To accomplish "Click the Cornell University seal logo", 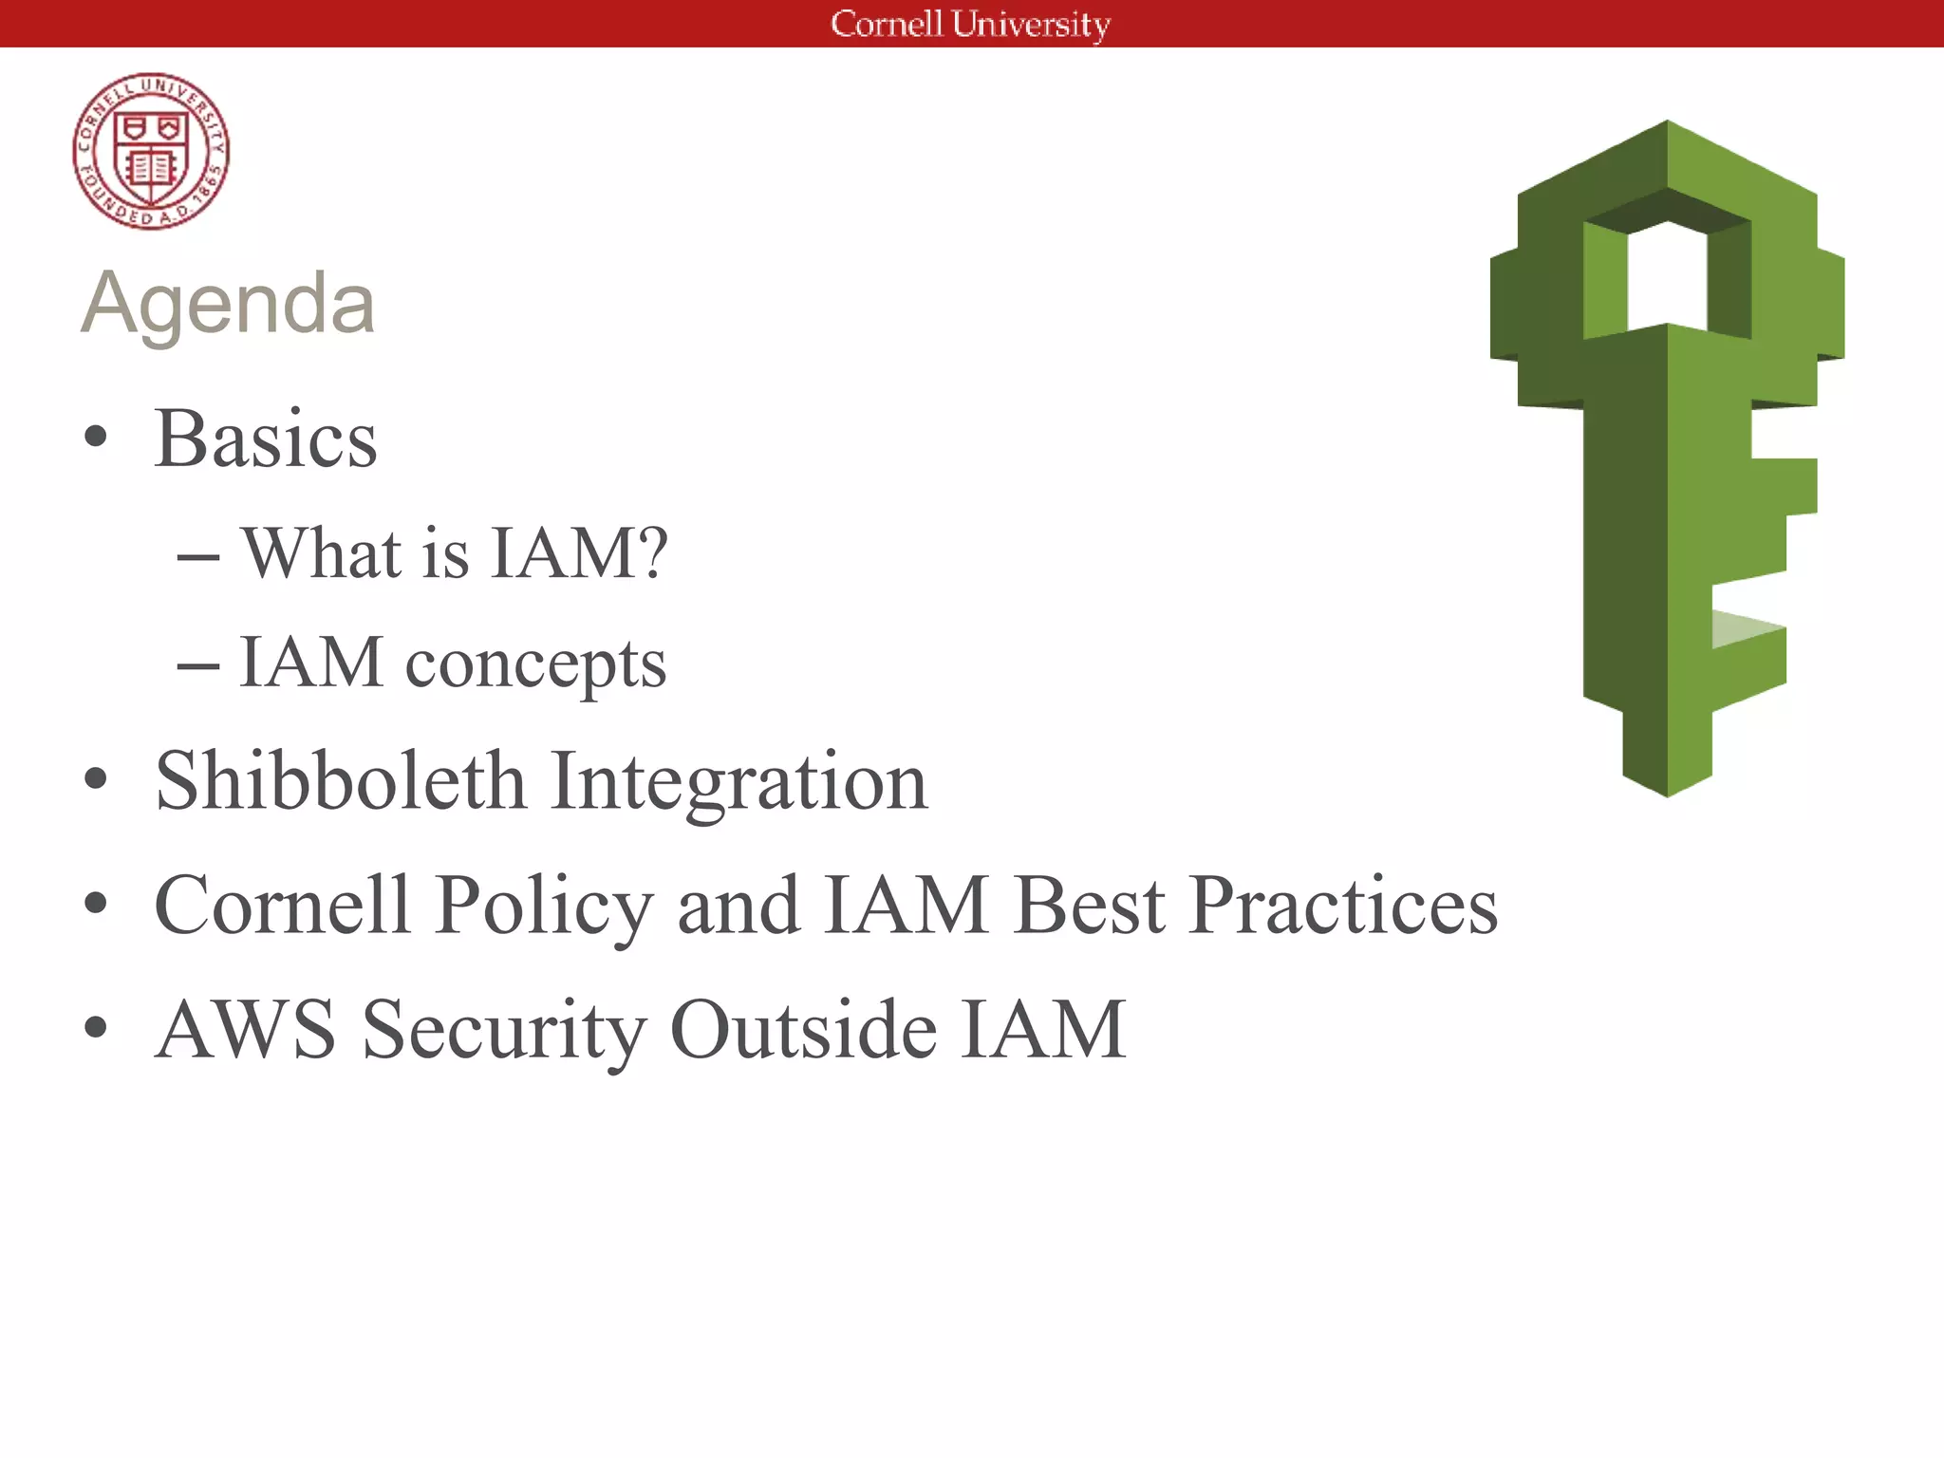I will (151, 151).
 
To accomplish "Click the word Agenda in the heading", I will (228, 303).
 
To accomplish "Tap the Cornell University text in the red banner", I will (970, 24).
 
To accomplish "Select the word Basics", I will (266, 439).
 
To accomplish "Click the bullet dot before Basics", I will (95, 438).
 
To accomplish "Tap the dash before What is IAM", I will (198, 556).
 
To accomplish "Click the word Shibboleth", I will (340, 781).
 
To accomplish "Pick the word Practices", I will (1342, 905).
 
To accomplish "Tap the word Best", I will (1089, 905).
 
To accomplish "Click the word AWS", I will (246, 1029).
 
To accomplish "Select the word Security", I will (504, 1031).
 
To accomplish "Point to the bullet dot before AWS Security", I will (95, 1027).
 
